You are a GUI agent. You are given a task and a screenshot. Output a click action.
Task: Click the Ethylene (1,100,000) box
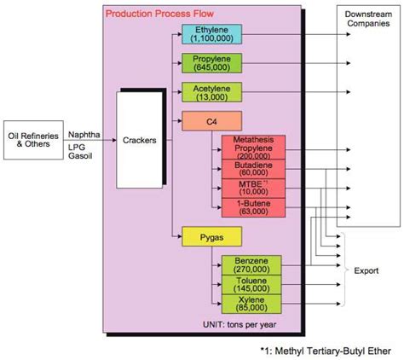click(211, 34)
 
